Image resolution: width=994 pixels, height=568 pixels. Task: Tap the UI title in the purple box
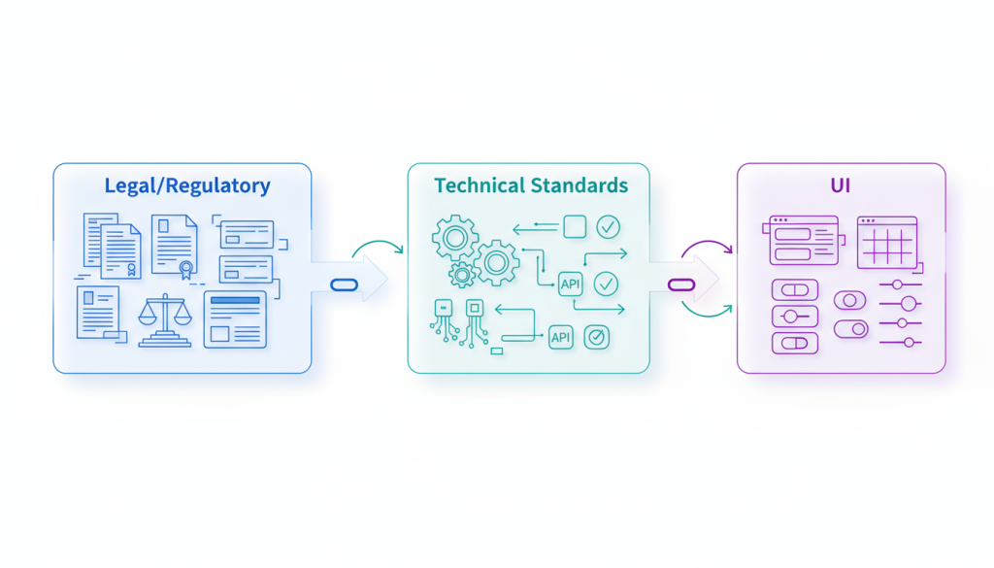click(x=841, y=185)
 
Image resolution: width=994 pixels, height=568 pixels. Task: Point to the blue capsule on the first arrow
click(x=346, y=284)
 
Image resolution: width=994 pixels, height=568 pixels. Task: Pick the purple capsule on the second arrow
click(x=681, y=284)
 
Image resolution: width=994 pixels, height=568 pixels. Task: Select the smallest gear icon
click(x=462, y=274)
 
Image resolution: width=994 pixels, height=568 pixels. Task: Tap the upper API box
click(x=571, y=284)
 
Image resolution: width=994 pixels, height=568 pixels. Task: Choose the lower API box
click(x=561, y=337)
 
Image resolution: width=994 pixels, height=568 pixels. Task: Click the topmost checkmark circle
click(x=608, y=227)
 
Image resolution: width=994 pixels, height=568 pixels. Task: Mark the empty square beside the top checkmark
click(x=575, y=227)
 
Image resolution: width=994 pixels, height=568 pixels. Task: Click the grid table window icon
click(x=887, y=241)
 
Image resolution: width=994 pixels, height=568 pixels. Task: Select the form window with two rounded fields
click(x=804, y=241)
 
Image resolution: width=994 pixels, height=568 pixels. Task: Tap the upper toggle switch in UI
click(x=849, y=301)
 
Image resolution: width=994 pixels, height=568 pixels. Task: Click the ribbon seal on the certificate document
click(x=184, y=269)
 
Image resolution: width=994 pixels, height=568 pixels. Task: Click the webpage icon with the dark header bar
click(x=234, y=317)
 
